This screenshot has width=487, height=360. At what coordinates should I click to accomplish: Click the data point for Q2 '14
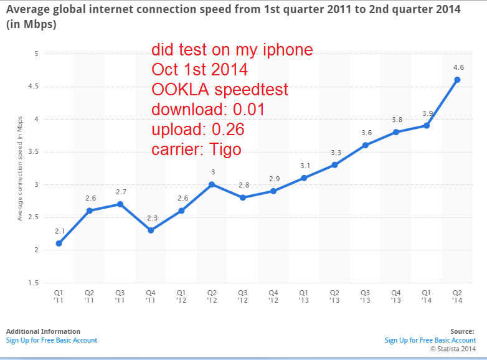(457, 80)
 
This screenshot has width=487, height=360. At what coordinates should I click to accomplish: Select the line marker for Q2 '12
(212, 184)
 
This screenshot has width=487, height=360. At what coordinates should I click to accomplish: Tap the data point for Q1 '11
(59, 243)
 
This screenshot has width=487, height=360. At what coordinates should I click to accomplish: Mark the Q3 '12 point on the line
(243, 197)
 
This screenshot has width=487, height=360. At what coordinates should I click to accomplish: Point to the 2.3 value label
(151, 217)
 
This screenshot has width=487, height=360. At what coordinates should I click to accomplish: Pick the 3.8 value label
(396, 120)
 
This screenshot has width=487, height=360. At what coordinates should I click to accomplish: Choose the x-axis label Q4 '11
(151, 295)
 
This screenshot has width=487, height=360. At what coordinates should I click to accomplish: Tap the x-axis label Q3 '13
(366, 295)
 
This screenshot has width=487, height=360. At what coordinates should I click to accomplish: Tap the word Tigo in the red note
(223, 150)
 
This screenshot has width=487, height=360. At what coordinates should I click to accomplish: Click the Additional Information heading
(43, 331)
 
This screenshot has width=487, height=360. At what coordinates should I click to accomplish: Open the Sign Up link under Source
(430, 340)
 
